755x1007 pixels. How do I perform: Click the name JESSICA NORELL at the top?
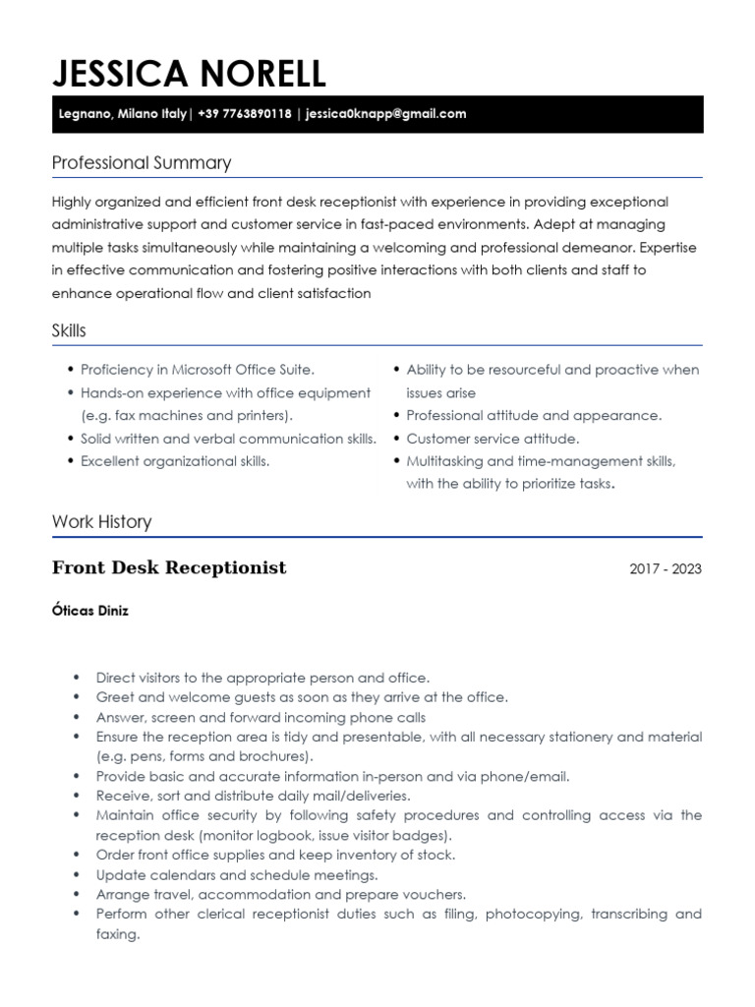[x=189, y=73]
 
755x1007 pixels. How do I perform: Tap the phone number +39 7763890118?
[x=244, y=114]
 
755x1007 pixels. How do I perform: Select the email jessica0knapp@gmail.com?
[x=385, y=114]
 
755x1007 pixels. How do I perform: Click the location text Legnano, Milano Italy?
[x=119, y=114]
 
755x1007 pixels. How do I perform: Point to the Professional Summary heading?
[x=141, y=163]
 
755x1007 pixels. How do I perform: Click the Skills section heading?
[x=69, y=331]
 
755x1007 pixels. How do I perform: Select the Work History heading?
[x=101, y=522]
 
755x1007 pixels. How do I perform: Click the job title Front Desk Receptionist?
[x=169, y=568]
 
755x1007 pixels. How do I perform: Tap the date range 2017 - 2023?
[x=666, y=569]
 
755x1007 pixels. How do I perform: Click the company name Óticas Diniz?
[x=89, y=611]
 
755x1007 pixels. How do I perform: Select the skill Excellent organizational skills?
[x=175, y=461]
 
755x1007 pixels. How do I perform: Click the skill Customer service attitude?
[x=493, y=439]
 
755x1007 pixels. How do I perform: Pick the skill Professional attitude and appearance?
[x=534, y=416]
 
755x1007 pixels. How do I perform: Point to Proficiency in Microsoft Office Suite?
[x=198, y=370]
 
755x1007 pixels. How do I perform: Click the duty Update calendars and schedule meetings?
[x=237, y=874]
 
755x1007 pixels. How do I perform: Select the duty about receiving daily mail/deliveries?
[x=253, y=796]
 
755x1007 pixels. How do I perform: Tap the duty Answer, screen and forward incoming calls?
[x=261, y=717]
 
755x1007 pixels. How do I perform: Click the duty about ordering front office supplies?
[x=275, y=855]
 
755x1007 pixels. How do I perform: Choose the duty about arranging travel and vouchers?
[x=280, y=894]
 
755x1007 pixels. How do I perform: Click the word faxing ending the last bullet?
[x=117, y=934]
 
